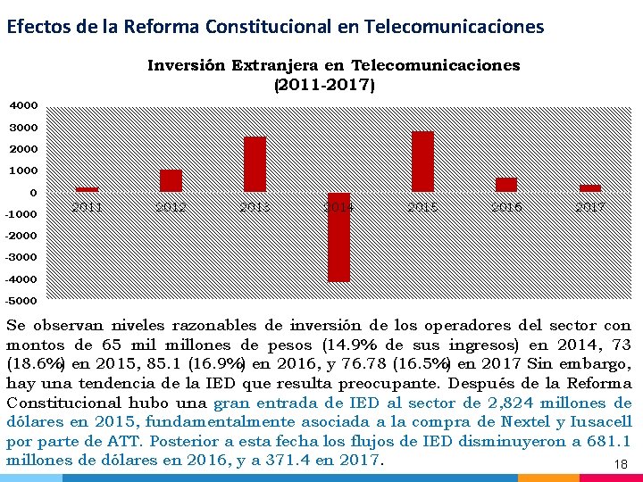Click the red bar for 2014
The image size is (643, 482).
click(x=338, y=237)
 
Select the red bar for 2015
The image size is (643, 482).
click(x=422, y=162)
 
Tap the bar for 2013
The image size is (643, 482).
click(x=255, y=164)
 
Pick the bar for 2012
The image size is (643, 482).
click(x=171, y=180)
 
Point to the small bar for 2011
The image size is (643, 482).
click(x=87, y=189)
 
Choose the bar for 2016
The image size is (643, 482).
click(x=506, y=185)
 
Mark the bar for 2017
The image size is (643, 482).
click(x=590, y=188)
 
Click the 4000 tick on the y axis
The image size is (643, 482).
click(x=23, y=105)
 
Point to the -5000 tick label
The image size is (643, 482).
click(x=21, y=300)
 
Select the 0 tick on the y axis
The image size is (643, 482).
click(x=33, y=192)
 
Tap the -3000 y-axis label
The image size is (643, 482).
click(x=21, y=257)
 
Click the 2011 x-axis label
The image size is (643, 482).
click(x=87, y=207)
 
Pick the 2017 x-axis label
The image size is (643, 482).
click(x=590, y=207)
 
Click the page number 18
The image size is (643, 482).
click(x=622, y=465)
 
